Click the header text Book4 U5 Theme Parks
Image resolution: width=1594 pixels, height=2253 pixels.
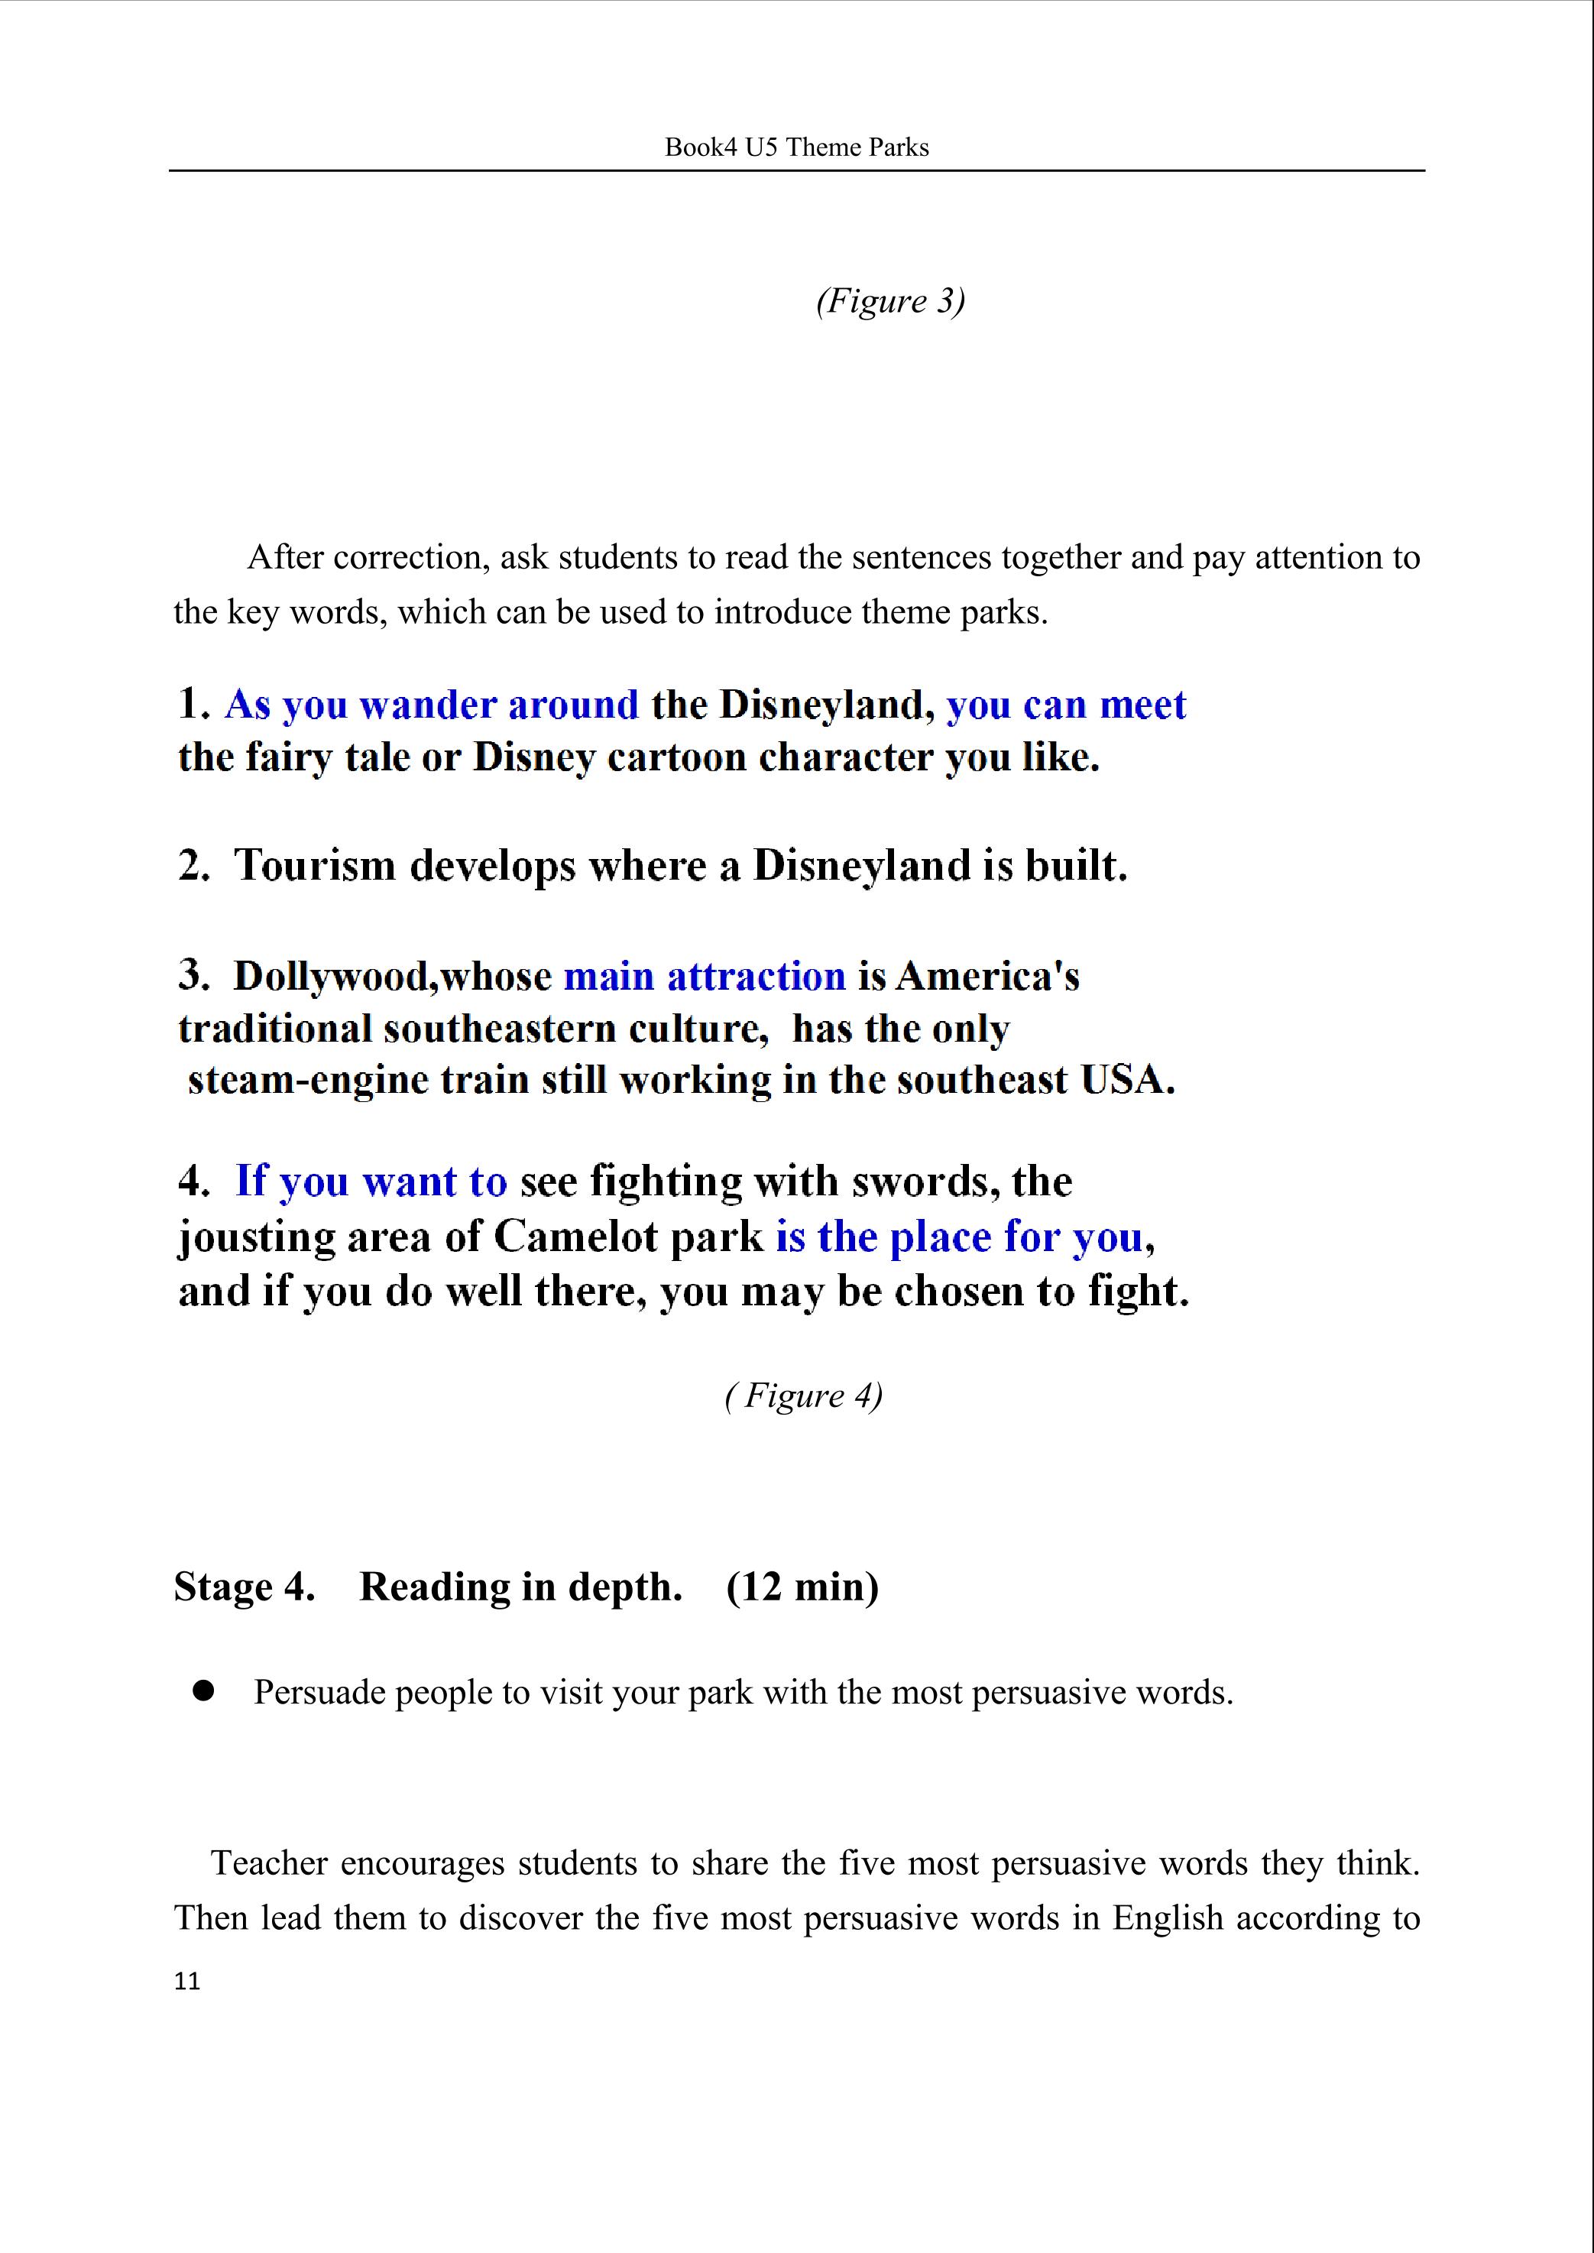tap(796, 147)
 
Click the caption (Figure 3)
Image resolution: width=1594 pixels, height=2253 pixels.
tap(890, 300)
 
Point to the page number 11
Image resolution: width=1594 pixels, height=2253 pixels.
tap(186, 1982)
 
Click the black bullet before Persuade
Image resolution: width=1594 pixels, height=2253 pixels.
tap(204, 1691)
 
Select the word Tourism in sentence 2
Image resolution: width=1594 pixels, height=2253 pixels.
tap(314, 866)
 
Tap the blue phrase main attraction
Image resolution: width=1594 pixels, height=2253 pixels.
tap(704, 976)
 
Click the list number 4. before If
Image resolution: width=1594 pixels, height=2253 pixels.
tap(193, 1181)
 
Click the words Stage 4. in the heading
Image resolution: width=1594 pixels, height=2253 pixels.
tap(245, 1587)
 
